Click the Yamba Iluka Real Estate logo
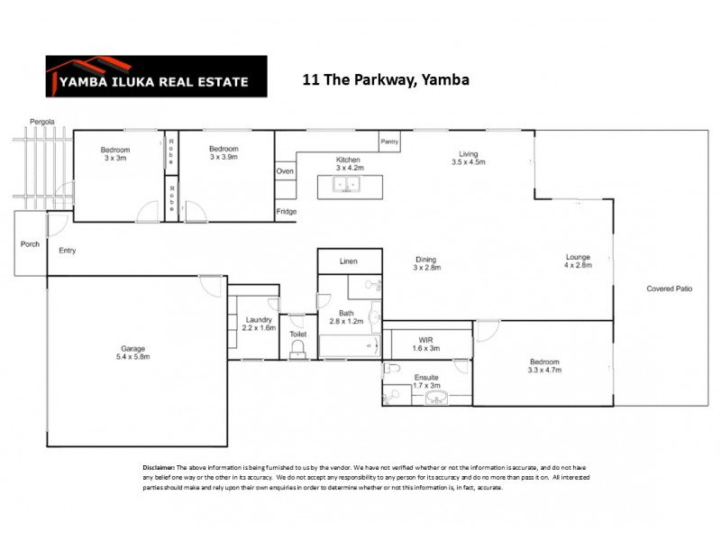[156, 77]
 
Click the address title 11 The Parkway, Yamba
[386, 80]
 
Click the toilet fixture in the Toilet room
[297, 349]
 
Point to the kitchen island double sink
[348, 186]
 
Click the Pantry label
[389, 142]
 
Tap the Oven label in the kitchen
[284, 170]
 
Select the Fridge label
[286, 212]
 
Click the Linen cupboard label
[348, 261]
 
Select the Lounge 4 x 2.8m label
[577, 261]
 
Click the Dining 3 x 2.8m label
[425, 263]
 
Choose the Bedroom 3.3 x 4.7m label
[543, 365]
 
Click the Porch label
[29, 243]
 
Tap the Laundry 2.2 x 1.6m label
[259, 324]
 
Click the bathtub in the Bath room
[345, 346]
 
